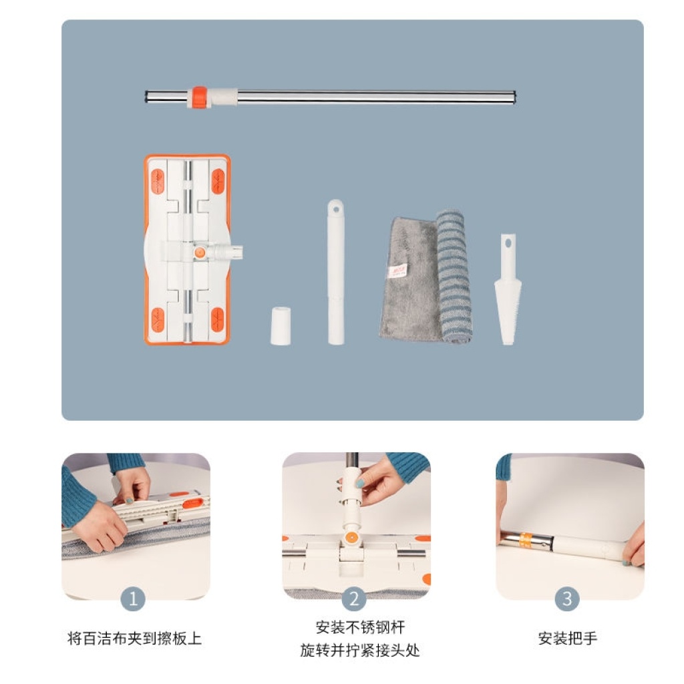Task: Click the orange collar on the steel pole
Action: pyautogui.click(x=199, y=97)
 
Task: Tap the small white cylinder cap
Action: pyautogui.click(x=281, y=326)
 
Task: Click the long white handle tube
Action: pyautogui.click(x=336, y=272)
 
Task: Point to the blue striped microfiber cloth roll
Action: pyautogui.click(x=454, y=276)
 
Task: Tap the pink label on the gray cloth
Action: pyautogui.click(x=397, y=271)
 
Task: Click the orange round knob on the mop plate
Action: pyautogui.click(x=200, y=252)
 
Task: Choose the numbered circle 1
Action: pyautogui.click(x=133, y=598)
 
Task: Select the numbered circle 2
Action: pyautogui.click(x=354, y=598)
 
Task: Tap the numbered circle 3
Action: pyautogui.click(x=567, y=598)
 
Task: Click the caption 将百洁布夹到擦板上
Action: pyautogui.click(x=134, y=638)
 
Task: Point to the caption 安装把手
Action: pyautogui.click(x=568, y=638)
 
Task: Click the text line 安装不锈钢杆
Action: pyautogui.click(x=360, y=627)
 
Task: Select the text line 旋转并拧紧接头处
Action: pyautogui.click(x=360, y=650)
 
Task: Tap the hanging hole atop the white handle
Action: pyautogui.click(x=336, y=209)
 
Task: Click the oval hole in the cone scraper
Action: pyautogui.click(x=508, y=243)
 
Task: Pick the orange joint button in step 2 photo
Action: pyautogui.click(x=351, y=537)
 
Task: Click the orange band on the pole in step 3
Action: pyautogui.click(x=526, y=540)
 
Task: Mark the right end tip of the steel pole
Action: pyautogui.click(x=515, y=97)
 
